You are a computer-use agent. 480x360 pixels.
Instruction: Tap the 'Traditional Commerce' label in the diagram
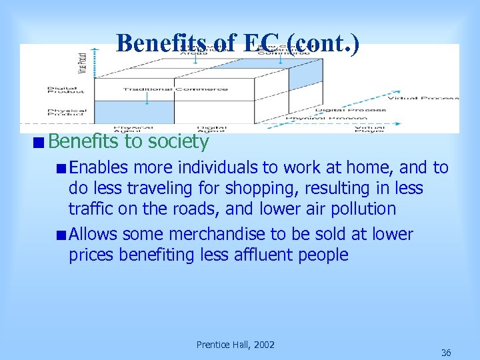175,89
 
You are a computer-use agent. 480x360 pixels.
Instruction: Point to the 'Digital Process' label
351,109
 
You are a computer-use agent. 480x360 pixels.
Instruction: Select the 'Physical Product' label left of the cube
66,113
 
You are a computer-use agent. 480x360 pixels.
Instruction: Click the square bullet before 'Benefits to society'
41,141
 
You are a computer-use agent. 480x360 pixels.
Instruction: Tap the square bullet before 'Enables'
61,168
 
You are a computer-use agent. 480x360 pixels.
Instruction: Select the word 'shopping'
262,188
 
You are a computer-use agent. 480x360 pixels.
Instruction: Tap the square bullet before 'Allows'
61,235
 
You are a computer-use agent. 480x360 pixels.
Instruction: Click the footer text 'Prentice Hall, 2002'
235,345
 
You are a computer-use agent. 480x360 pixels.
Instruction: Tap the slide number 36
446,353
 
